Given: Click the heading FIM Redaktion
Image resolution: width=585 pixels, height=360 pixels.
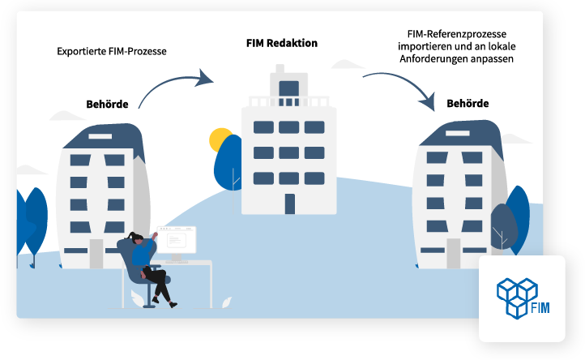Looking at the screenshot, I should [281, 43].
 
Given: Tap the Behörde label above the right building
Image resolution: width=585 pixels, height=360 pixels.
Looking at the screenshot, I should [468, 104].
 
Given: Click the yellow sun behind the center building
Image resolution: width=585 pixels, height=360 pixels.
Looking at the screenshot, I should [220, 139].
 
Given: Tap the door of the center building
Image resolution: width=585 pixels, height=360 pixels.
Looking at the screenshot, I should [289, 204].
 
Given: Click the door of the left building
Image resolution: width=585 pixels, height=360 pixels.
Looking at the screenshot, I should [96, 254].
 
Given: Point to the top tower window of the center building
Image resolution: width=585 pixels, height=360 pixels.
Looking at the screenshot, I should [288, 88].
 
